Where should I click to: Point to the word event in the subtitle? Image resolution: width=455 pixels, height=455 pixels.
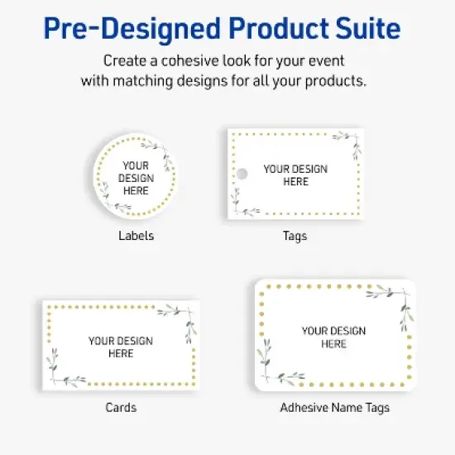pyautogui.click(x=326, y=61)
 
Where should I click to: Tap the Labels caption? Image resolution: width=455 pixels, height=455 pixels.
pyautogui.click(x=136, y=236)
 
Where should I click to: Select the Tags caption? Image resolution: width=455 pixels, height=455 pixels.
pyautogui.click(x=295, y=236)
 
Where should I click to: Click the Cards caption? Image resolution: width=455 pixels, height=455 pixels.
pyautogui.click(x=121, y=407)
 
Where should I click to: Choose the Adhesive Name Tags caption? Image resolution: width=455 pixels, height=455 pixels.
pyautogui.click(x=334, y=407)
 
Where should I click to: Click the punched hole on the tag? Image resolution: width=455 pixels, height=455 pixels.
pyautogui.click(x=242, y=174)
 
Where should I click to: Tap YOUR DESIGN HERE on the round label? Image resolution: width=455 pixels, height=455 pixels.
pyautogui.click(x=136, y=178)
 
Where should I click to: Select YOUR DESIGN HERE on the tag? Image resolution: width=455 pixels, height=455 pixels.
pyautogui.click(x=295, y=175)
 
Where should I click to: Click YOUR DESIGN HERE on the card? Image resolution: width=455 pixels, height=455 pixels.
pyautogui.click(x=121, y=347)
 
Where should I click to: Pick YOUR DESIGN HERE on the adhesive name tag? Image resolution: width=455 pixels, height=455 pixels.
pyautogui.click(x=333, y=338)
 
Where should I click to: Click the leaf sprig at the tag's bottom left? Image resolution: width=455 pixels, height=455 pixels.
pyautogui.click(x=237, y=204)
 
